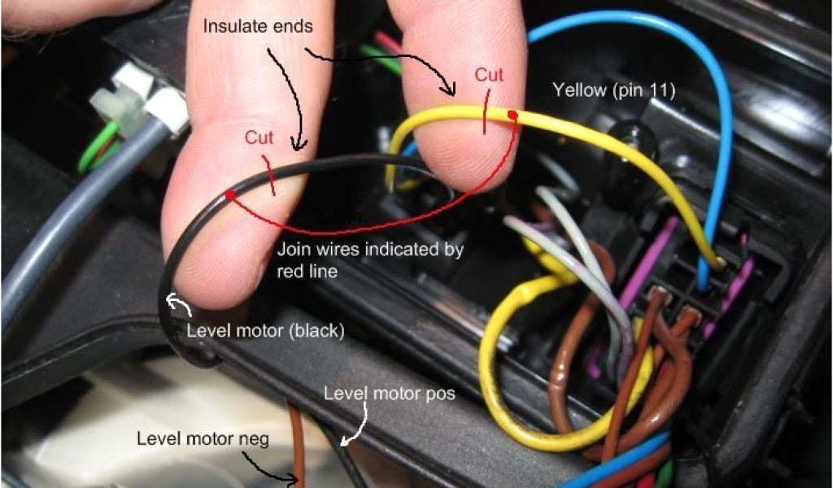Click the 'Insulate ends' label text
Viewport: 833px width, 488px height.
258,25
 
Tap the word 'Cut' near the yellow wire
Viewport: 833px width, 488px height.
489,75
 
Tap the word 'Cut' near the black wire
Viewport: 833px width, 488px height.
259,137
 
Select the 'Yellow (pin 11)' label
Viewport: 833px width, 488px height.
614,89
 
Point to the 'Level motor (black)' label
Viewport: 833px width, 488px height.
265,331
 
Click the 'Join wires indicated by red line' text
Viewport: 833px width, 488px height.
370,259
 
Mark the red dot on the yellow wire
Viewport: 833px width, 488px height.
512,115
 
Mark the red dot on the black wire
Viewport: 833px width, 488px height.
230,194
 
